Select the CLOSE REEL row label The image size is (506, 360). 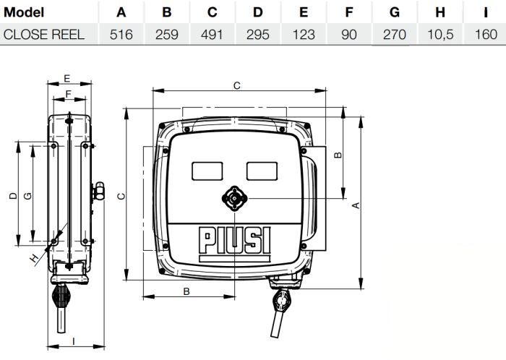click(x=43, y=34)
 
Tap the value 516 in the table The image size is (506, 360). click(x=121, y=34)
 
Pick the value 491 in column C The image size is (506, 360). click(x=212, y=34)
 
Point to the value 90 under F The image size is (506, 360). click(x=349, y=34)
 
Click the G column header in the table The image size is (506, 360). click(x=394, y=12)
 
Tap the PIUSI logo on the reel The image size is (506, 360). click(x=234, y=241)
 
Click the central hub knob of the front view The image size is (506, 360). click(x=234, y=199)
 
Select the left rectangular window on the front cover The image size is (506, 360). click(x=207, y=170)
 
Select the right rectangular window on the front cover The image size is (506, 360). click(x=262, y=170)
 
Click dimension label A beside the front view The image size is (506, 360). click(x=355, y=206)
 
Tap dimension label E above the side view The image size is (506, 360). click(x=67, y=77)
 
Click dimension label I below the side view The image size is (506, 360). click(x=72, y=338)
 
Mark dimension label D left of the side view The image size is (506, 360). click(x=12, y=197)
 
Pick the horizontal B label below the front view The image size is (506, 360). click(x=186, y=291)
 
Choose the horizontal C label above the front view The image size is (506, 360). click(x=236, y=85)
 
